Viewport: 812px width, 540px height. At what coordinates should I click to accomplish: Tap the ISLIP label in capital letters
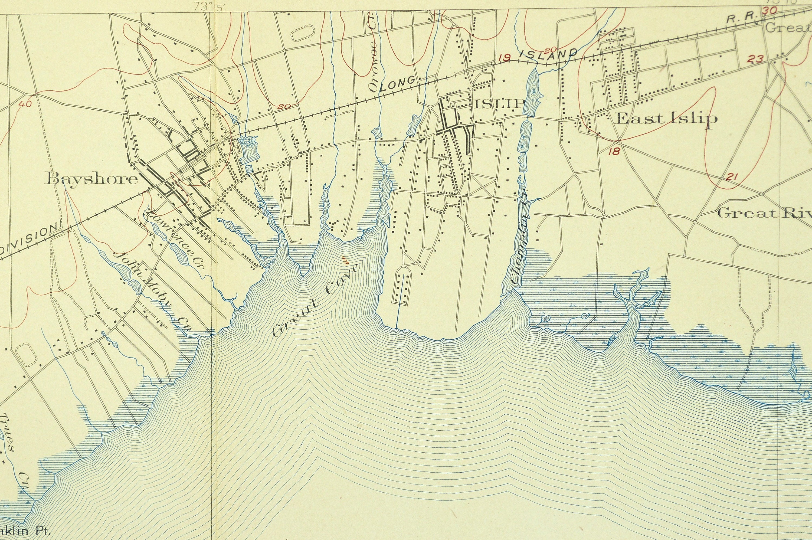pos(500,104)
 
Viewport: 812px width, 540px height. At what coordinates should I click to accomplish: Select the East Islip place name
pos(667,119)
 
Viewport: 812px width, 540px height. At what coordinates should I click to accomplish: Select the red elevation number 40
pos(25,104)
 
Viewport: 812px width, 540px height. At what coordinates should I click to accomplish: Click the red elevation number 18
pos(614,151)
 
